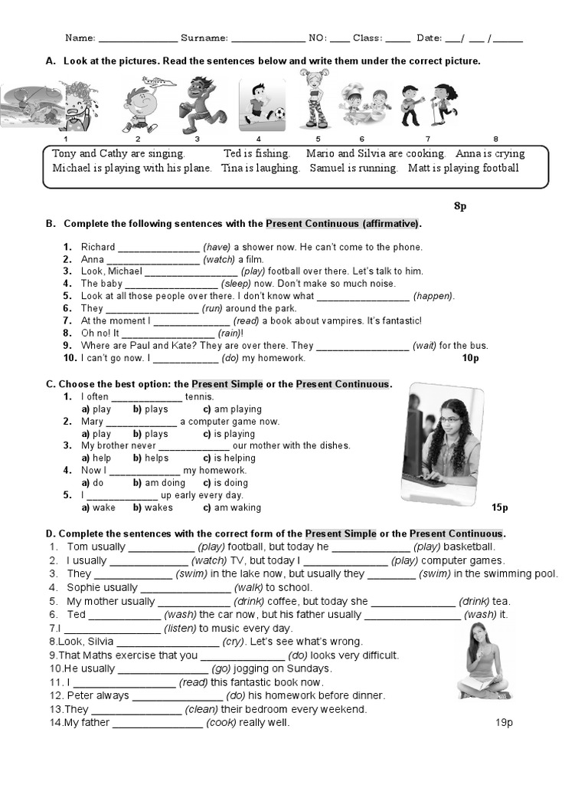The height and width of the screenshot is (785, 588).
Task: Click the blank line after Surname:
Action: [x=267, y=39]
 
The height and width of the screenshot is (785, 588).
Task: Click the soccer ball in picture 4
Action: [x=279, y=113]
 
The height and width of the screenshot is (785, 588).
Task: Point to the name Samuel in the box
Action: [x=328, y=168]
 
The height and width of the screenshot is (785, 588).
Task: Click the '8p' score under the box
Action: [x=460, y=206]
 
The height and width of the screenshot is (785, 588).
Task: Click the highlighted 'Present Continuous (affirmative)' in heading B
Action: [x=342, y=224]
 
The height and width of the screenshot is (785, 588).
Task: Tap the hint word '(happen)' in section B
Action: [x=433, y=296]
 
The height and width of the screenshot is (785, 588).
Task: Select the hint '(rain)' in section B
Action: [x=230, y=333]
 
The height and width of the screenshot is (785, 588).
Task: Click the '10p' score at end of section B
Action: [x=470, y=358]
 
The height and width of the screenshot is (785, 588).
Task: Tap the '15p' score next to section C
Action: [x=500, y=507]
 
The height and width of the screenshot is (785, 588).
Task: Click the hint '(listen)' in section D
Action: [x=182, y=629]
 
